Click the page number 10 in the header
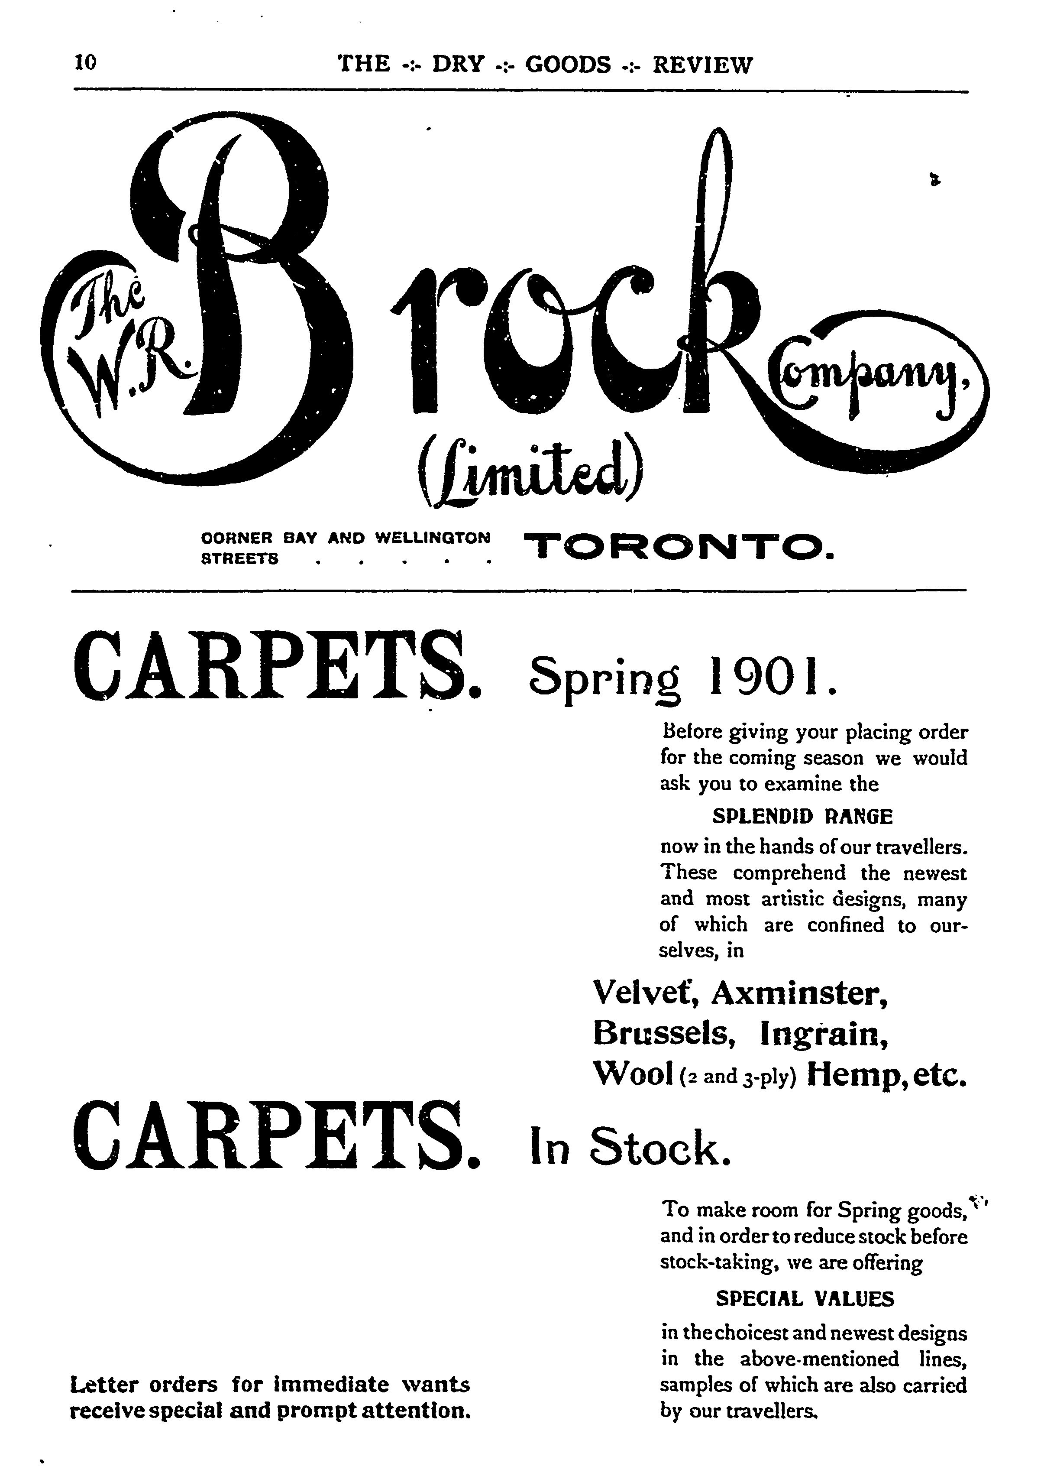(x=85, y=62)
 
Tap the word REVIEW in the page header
(x=702, y=65)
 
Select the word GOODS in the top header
(x=568, y=65)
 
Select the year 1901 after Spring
(x=768, y=677)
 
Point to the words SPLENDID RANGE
(x=803, y=816)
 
